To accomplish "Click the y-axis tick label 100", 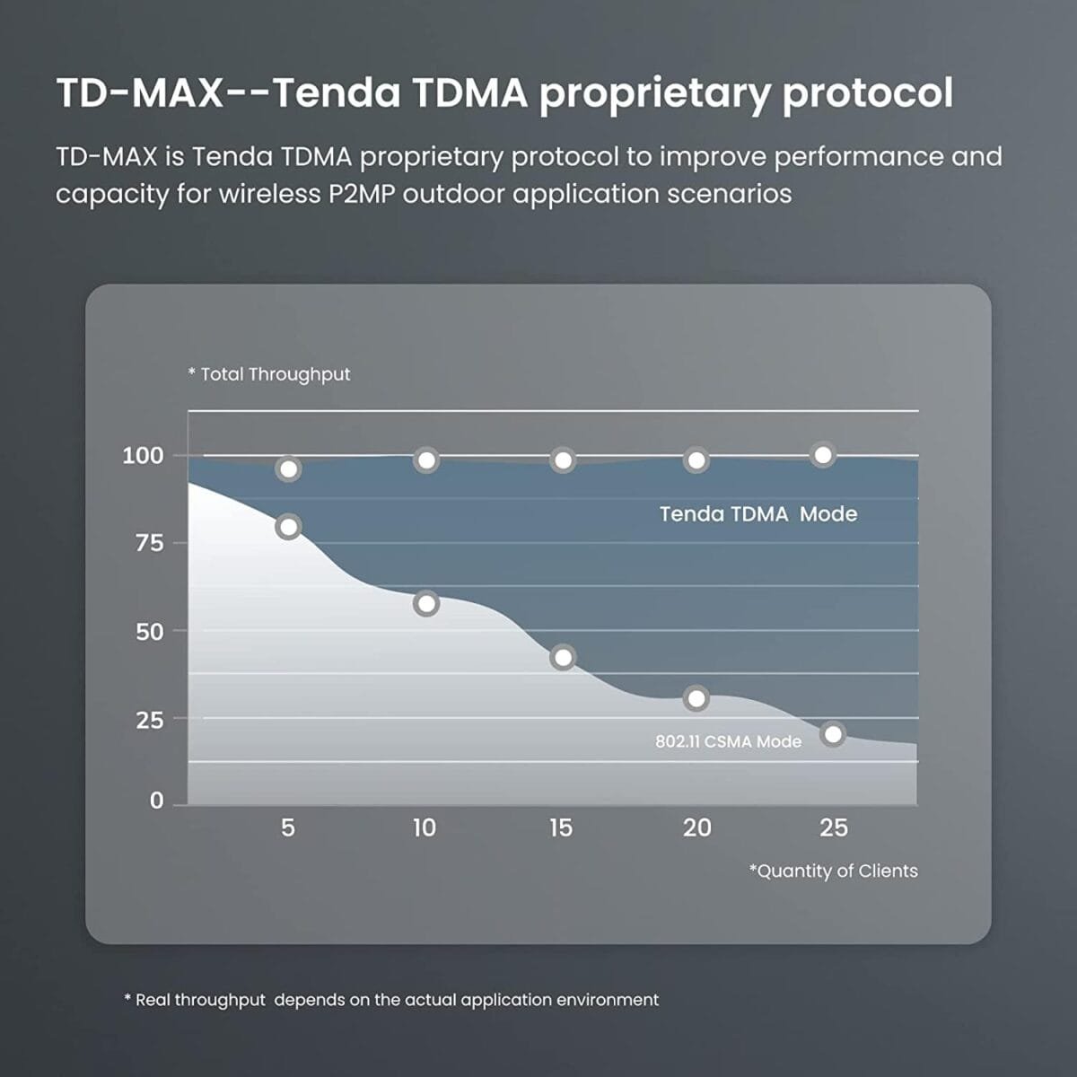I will tap(143, 455).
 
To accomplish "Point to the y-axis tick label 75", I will tap(150, 543).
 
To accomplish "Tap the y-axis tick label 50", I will tap(150, 632).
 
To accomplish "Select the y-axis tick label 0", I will tap(157, 801).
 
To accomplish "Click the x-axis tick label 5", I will tap(287, 827).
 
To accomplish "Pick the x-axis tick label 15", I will tap(561, 827).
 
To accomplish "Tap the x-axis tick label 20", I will tap(696, 827).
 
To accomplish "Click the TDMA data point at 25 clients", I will tap(822, 455).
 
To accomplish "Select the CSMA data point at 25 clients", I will tap(833, 734).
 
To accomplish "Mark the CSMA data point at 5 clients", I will tap(288, 527).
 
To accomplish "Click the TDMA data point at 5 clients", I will tap(288, 468).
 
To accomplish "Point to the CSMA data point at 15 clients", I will tap(563, 658).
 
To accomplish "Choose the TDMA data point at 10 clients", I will tap(426, 460).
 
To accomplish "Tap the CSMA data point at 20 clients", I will tap(696, 698).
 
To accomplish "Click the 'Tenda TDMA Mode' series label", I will tap(758, 514).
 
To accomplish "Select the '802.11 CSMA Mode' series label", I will tap(728, 742).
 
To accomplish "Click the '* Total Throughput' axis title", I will tap(269, 374).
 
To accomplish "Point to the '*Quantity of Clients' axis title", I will tap(833, 871).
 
